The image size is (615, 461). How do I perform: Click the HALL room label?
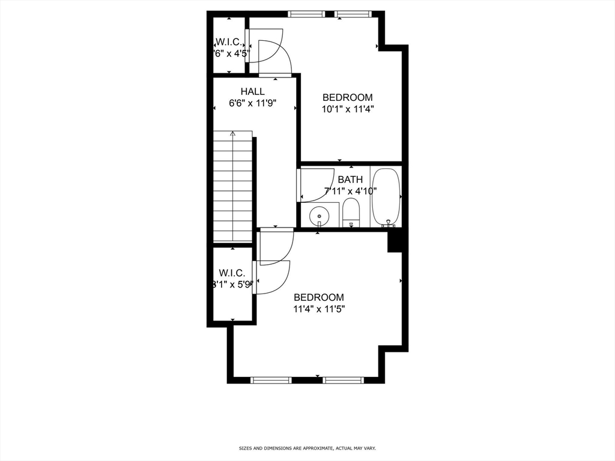tap(252, 91)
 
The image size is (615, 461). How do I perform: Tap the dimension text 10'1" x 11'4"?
tap(347, 109)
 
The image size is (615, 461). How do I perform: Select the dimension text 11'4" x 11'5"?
tap(318, 309)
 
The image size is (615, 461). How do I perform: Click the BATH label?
tap(350, 179)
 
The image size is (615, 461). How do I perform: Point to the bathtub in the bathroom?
tap(386, 197)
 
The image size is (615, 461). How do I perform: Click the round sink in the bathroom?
tap(319, 215)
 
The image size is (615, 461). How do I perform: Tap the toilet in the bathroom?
tap(351, 213)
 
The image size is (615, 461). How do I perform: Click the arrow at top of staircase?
tap(233, 134)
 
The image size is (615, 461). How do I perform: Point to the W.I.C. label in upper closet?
tap(228, 43)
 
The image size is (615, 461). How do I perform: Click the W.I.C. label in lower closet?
tap(232, 273)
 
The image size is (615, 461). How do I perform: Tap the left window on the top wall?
tap(306, 14)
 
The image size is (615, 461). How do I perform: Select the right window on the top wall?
tap(352, 14)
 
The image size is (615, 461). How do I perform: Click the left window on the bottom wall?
tap(270, 380)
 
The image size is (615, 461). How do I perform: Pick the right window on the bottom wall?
tap(343, 380)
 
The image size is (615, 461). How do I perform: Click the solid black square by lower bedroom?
tap(395, 242)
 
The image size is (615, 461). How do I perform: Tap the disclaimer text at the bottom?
tap(307, 448)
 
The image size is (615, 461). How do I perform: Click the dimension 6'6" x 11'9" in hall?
tap(252, 103)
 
